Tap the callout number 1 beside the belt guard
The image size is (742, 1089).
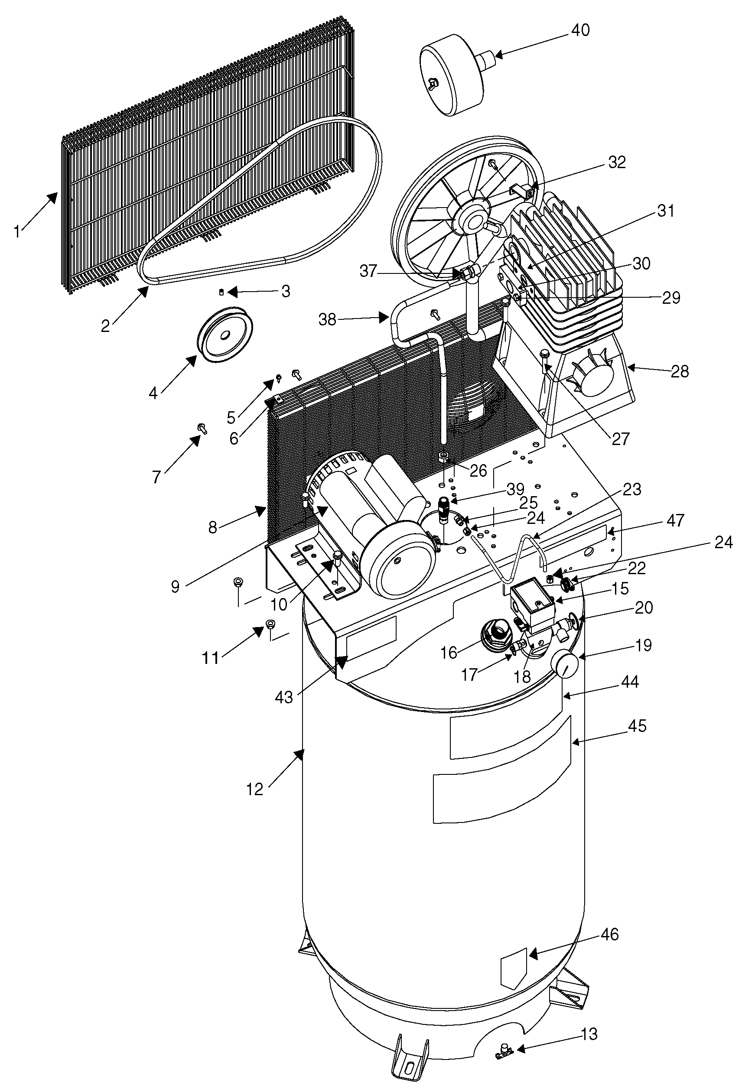pyautogui.click(x=17, y=231)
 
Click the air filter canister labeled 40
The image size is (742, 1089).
pyautogui.click(x=459, y=73)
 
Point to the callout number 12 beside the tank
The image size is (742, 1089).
pyautogui.click(x=254, y=789)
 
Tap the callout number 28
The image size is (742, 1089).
pyautogui.click(x=680, y=371)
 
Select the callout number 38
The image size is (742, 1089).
pyautogui.click(x=328, y=319)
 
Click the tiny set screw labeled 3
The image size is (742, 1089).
pyautogui.click(x=221, y=293)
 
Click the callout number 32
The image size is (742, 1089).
pyautogui.click(x=617, y=162)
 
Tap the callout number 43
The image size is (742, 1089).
pyautogui.click(x=283, y=697)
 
